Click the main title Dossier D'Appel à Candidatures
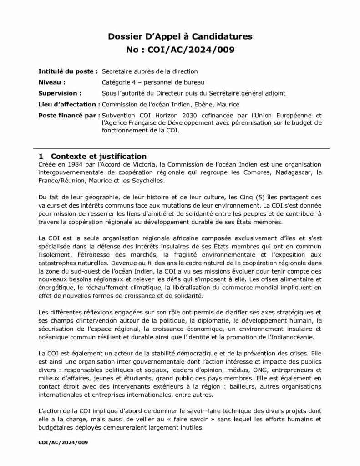tap(179, 36)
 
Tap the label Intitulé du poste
tap(68, 71)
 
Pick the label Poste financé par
tap(69, 115)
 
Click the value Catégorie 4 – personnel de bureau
tap(153, 82)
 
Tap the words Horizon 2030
tap(163, 115)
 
